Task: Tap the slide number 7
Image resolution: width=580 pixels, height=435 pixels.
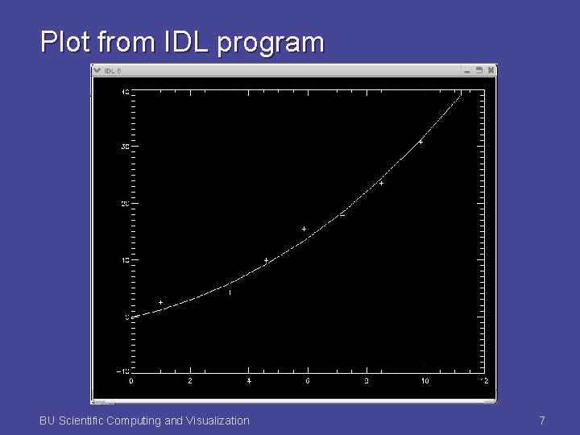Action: coord(542,420)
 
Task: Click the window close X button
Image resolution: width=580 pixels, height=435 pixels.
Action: coord(491,70)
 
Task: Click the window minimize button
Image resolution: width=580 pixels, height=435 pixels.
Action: coord(466,70)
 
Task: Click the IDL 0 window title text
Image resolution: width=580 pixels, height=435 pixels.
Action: coord(113,70)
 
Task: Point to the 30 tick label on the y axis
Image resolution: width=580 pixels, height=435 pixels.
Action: coord(124,147)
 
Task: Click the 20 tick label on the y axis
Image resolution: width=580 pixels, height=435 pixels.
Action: coord(124,204)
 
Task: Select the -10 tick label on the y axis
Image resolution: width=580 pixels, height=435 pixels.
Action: coord(122,371)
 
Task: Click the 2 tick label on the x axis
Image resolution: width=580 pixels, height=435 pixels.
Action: coord(190,381)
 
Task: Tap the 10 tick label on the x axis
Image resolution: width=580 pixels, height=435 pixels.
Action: coord(425,381)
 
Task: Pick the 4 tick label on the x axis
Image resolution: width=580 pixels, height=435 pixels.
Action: coord(249,381)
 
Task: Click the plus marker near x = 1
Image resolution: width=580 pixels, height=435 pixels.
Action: coord(161,302)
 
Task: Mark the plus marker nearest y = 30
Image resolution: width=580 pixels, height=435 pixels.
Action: coord(420,142)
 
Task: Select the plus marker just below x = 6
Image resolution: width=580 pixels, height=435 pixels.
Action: coord(304,230)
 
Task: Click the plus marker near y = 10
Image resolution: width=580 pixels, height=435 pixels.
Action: coord(266,260)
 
